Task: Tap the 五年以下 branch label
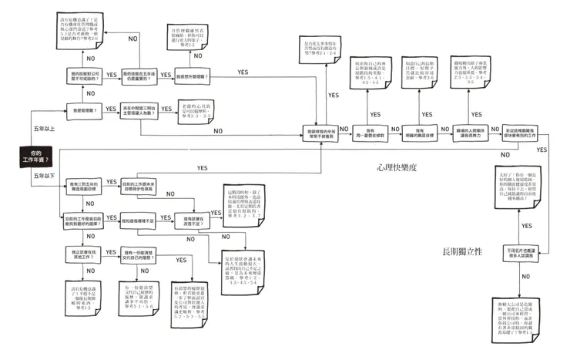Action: click(x=42, y=177)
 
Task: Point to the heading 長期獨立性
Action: click(x=461, y=251)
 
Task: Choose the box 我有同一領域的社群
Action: click(x=370, y=132)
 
